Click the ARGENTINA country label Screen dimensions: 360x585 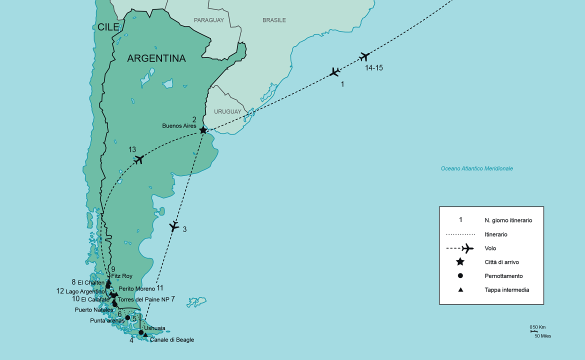[156, 58]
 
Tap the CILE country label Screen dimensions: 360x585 [108, 27]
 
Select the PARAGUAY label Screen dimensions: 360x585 [209, 20]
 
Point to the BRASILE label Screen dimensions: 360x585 [274, 20]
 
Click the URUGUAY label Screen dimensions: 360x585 [227, 111]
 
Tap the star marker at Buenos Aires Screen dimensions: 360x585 [203, 130]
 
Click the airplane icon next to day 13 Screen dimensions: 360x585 [139, 160]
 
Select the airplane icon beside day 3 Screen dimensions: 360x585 [174, 226]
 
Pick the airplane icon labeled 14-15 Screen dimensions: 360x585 [364, 56]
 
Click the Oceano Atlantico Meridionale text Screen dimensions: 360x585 [476, 168]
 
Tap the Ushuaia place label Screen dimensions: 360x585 [154, 328]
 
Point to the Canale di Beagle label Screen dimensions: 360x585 [171, 340]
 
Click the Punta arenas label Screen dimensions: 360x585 [107, 320]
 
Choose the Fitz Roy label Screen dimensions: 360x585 [121, 275]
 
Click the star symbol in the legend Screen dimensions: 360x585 [460, 262]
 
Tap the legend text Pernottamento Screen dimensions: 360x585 [503, 276]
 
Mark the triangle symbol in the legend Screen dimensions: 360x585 [460, 290]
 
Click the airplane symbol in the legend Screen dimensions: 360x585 [467, 248]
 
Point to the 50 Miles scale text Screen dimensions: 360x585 [542, 336]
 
